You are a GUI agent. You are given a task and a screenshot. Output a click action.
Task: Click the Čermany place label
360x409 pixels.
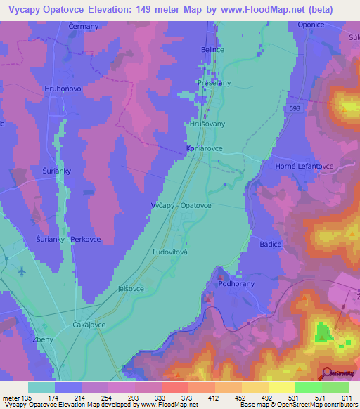84,26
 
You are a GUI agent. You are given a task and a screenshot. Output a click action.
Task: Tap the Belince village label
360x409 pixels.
212,51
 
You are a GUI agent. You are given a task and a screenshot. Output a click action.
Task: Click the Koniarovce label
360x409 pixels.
204,149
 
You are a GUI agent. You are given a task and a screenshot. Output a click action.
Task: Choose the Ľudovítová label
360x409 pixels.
169,251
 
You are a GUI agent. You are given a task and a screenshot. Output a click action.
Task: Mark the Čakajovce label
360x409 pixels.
89,325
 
